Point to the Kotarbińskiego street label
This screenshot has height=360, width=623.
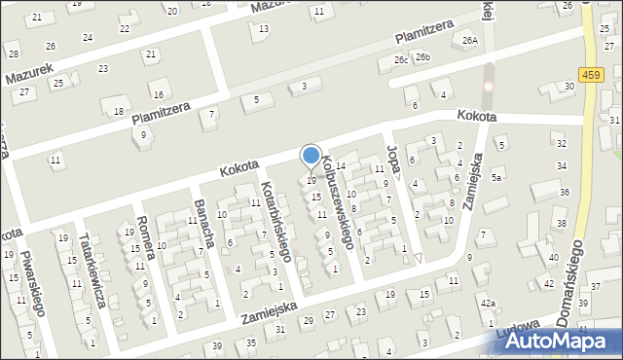click(275, 220)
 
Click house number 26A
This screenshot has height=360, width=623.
click(471, 40)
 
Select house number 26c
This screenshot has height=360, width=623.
click(400, 59)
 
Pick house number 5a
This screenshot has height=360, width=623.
click(496, 177)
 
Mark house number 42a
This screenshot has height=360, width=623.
click(487, 304)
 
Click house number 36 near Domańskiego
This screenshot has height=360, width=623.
click(565, 193)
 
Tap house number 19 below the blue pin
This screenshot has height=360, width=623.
click(311, 180)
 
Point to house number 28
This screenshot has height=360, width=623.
click(13, 53)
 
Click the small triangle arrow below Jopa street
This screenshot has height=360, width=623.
click(418, 258)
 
